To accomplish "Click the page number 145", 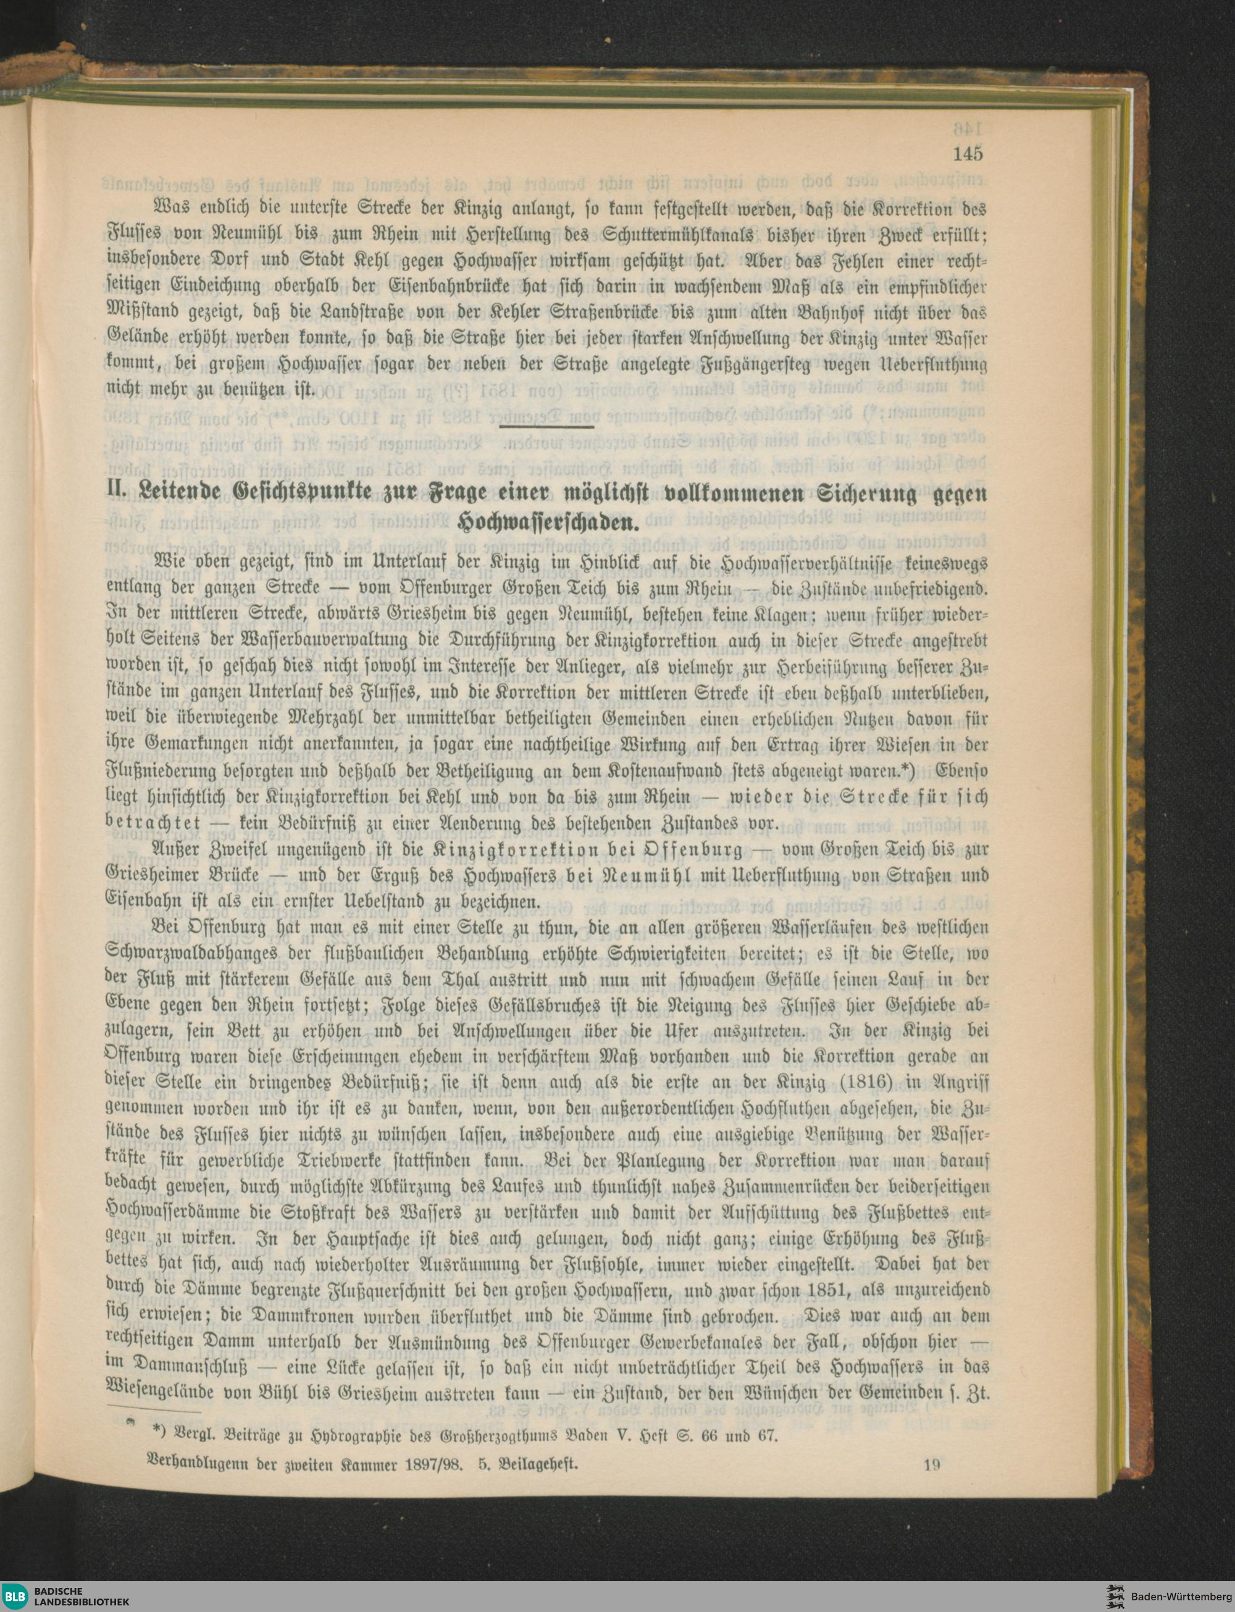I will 968,154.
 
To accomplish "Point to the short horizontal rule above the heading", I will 546,426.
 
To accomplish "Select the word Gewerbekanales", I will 668,1342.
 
